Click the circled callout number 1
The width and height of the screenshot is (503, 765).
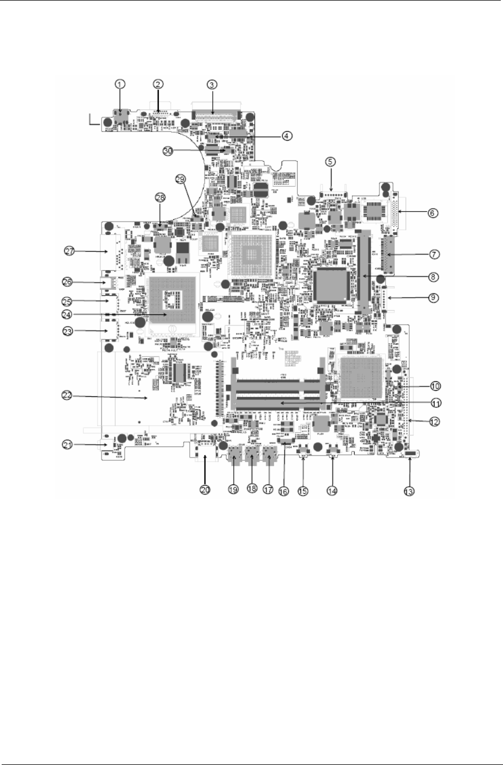click(x=120, y=84)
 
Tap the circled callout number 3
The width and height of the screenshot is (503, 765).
click(x=212, y=84)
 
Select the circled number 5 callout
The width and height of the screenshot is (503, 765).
click(x=330, y=162)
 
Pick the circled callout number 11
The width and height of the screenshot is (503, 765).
click(x=436, y=403)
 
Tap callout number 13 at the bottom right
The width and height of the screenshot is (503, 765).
click(x=409, y=489)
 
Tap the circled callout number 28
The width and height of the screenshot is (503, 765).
click(x=160, y=197)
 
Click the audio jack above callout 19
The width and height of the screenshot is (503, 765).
click(x=235, y=457)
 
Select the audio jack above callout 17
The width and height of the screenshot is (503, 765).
click(x=270, y=457)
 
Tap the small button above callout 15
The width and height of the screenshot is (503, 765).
click(x=303, y=454)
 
